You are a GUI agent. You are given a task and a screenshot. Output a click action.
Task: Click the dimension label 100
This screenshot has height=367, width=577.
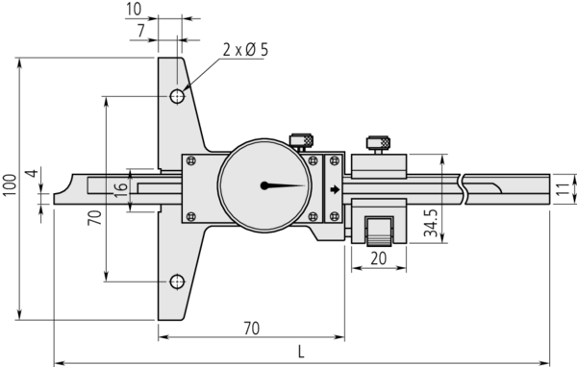(10, 185)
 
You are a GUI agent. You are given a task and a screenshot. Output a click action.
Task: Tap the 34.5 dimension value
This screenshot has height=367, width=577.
(430, 223)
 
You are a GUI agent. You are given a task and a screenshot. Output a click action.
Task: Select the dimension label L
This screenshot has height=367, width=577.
(301, 353)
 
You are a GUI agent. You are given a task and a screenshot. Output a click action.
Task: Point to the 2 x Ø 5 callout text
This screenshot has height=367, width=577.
(245, 50)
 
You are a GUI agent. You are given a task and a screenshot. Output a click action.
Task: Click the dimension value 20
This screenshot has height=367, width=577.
(379, 258)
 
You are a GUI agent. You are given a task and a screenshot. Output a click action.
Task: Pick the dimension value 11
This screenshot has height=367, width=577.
(562, 189)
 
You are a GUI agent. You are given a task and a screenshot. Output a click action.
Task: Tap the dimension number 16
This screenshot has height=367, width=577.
(121, 190)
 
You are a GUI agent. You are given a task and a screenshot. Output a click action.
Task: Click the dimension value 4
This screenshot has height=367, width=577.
(33, 173)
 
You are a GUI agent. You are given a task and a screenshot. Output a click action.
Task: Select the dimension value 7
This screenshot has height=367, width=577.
(141, 31)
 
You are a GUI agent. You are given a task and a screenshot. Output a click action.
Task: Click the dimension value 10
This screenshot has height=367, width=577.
(134, 10)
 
